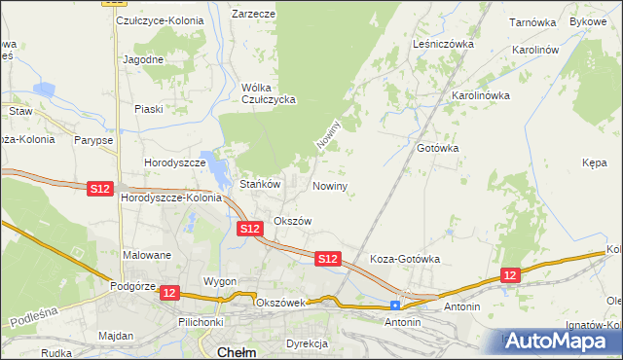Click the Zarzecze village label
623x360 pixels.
pyautogui.click(x=253, y=15)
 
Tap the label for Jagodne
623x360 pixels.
pyautogui.click(x=142, y=59)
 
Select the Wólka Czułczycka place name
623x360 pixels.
pyautogui.click(x=268, y=93)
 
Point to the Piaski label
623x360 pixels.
pyautogui.click(x=148, y=109)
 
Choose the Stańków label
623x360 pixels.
pyautogui.click(x=260, y=184)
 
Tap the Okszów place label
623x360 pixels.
pyautogui.click(x=292, y=221)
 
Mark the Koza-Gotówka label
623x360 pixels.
pyautogui.click(x=406, y=260)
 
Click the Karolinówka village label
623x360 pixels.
pyautogui.click(x=481, y=96)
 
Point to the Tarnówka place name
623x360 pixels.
pyautogui.click(x=531, y=21)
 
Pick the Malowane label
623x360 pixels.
pyautogui.click(x=147, y=255)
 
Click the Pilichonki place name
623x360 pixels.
pyautogui.click(x=202, y=321)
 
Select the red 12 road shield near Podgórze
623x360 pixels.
pyautogui.click(x=169, y=292)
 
